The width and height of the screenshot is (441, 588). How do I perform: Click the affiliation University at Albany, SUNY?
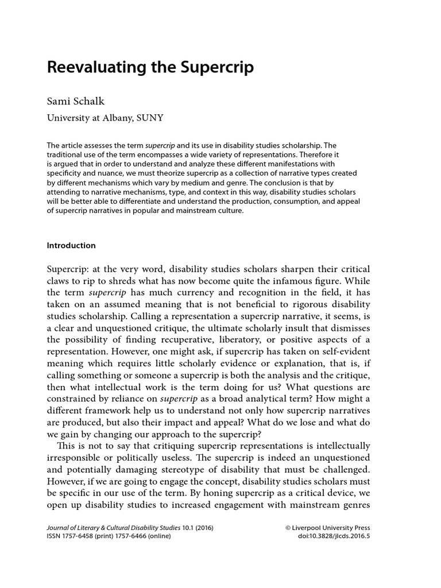(x=105, y=118)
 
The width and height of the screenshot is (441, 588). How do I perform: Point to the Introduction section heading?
(x=71, y=245)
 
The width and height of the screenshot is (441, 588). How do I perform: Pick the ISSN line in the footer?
(x=109, y=536)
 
